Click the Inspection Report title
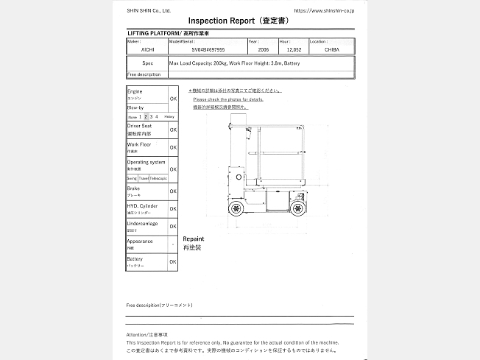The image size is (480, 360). coord(240,21)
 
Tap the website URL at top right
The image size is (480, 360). coord(325,10)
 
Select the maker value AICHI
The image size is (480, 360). coord(138,51)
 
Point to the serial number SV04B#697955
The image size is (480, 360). coord(208,51)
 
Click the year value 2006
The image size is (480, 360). coord(263,51)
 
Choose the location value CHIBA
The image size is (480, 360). coord(331,51)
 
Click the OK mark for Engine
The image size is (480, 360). coord(173,98)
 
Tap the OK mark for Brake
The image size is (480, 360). coord(173,191)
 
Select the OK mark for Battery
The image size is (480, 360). coord(173,261)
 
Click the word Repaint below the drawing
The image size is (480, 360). coord(194,239)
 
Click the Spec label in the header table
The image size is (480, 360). coord(147,63)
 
